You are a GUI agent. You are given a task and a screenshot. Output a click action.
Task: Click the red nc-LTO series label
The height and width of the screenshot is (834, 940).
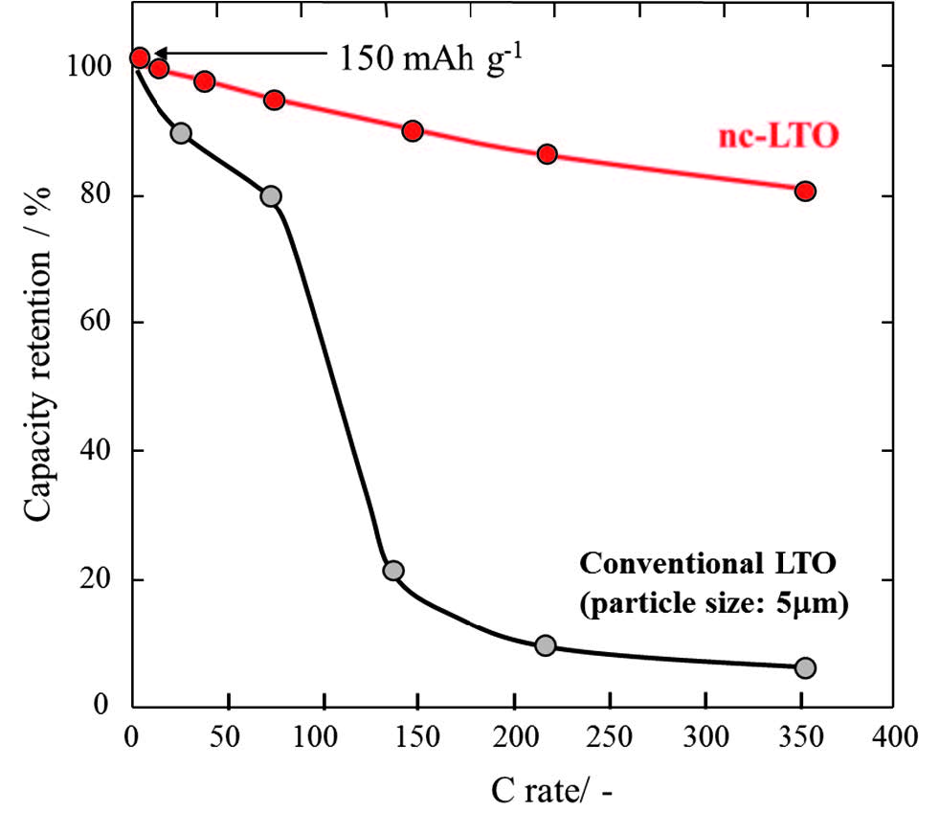(777, 136)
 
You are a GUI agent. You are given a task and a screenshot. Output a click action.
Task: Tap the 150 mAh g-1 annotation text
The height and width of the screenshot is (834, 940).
(435, 58)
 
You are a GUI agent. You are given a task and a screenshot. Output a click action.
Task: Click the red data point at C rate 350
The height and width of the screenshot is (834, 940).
(805, 191)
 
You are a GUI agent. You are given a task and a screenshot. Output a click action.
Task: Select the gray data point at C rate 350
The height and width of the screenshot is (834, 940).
(805, 667)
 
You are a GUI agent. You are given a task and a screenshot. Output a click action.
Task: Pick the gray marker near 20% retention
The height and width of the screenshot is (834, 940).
(392, 571)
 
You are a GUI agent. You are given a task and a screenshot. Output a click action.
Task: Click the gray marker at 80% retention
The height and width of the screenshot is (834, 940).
(271, 196)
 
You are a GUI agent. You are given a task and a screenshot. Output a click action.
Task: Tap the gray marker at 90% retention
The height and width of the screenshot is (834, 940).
(181, 133)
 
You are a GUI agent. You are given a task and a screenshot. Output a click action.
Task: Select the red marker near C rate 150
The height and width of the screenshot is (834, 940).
(413, 130)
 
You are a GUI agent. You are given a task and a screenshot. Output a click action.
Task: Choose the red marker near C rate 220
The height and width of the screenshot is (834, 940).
(547, 154)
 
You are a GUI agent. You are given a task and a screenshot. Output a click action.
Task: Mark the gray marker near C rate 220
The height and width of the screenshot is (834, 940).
(546, 645)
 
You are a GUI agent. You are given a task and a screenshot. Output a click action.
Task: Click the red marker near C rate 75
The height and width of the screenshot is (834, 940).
(275, 100)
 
